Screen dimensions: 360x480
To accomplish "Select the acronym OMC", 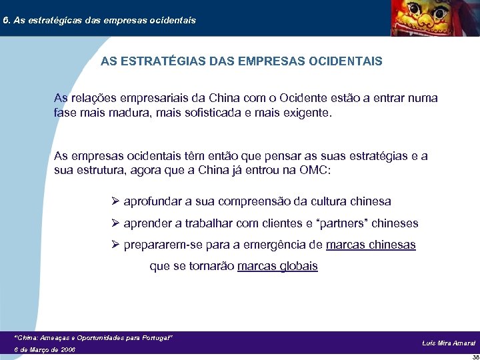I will click(315, 170).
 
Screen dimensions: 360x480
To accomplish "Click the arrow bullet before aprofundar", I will click(115, 201).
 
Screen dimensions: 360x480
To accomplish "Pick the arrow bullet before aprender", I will click(115, 223).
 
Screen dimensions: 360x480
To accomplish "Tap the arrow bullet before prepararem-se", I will click(115, 245).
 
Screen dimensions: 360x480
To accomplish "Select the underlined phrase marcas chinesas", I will click(371, 245).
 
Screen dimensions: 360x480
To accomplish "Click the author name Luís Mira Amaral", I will click(449, 343).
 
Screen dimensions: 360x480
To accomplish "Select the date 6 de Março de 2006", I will click(45, 349).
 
